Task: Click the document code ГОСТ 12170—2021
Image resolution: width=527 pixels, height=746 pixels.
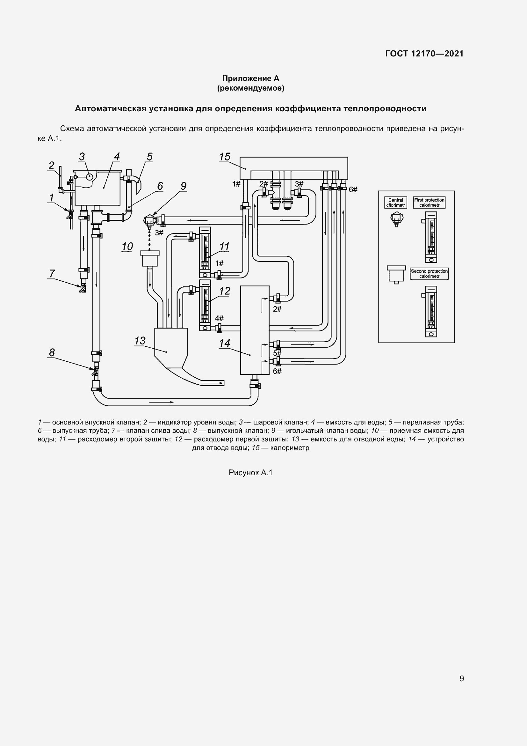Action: pyautogui.click(x=424, y=54)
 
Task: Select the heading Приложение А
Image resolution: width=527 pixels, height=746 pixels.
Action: pyautogui.click(x=250, y=78)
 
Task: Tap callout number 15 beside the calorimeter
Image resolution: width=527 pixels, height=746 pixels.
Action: pyautogui.click(x=224, y=157)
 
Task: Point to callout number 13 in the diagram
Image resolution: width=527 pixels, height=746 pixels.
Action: pyautogui.click(x=140, y=341)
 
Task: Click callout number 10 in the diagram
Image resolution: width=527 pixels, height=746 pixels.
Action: pyautogui.click(x=127, y=247)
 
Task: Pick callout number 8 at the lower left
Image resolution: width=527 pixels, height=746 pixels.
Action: pyautogui.click(x=52, y=352)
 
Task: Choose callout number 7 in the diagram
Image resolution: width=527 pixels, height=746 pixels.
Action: pyautogui.click(x=52, y=274)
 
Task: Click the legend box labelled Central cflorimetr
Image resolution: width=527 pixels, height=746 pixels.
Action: pyautogui.click(x=396, y=203)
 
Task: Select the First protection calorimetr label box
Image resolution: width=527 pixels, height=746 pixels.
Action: pyautogui.click(x=429, y=203)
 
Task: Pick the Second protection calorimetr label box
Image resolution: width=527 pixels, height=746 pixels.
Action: pyautogui.click(x=429, y=274)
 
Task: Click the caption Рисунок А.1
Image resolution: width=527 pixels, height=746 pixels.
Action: pyautogui.click(x=250, y=473)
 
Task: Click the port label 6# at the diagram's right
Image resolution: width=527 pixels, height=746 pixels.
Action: pyautogui.click(x=353, y=190)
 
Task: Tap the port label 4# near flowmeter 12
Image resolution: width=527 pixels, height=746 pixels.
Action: pyautogui.click(x=219, y=318)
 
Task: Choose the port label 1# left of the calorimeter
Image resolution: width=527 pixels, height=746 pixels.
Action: pyautogui.click(x=236, y=184)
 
